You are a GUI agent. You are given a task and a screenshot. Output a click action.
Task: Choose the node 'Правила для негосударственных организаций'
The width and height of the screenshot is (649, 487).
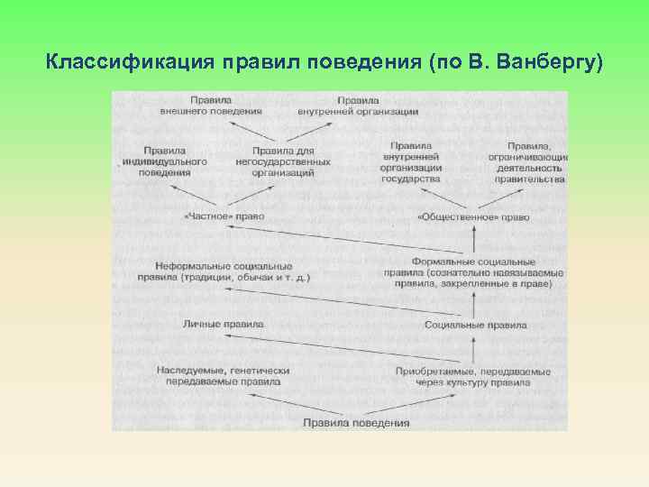(282, 161)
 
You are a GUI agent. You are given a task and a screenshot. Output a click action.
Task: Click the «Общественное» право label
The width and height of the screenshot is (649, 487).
(473, 217)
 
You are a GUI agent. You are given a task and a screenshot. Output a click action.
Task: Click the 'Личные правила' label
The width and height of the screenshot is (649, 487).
(224, 323)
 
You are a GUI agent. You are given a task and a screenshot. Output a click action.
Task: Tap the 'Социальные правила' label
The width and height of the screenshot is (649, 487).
(475, 325)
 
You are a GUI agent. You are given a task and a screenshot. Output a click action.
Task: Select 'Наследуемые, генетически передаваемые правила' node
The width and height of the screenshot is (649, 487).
(224, 376)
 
